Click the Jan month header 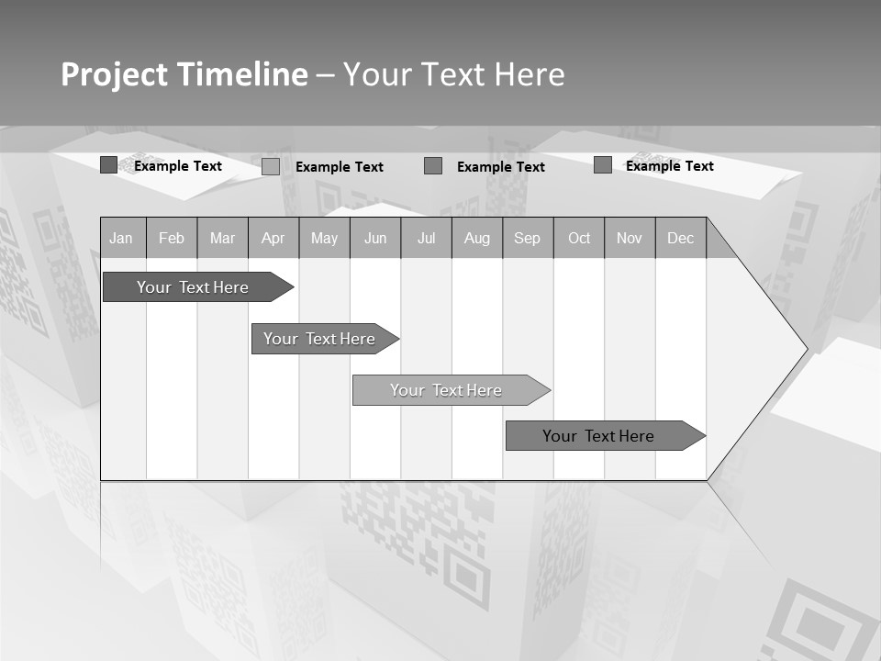[121, 238]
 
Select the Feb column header [172, 238]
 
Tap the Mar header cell [222, 238]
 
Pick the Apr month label [273, 238]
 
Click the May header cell [324, 238]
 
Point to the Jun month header [375, 238]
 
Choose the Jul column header [426, 238]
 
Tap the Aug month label [477, 238]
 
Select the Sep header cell [528, 238]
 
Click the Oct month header [579, 238]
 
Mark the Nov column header [630, 238]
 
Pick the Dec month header [681, 238]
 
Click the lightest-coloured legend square [271, 166]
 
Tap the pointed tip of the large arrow [805, 349]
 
